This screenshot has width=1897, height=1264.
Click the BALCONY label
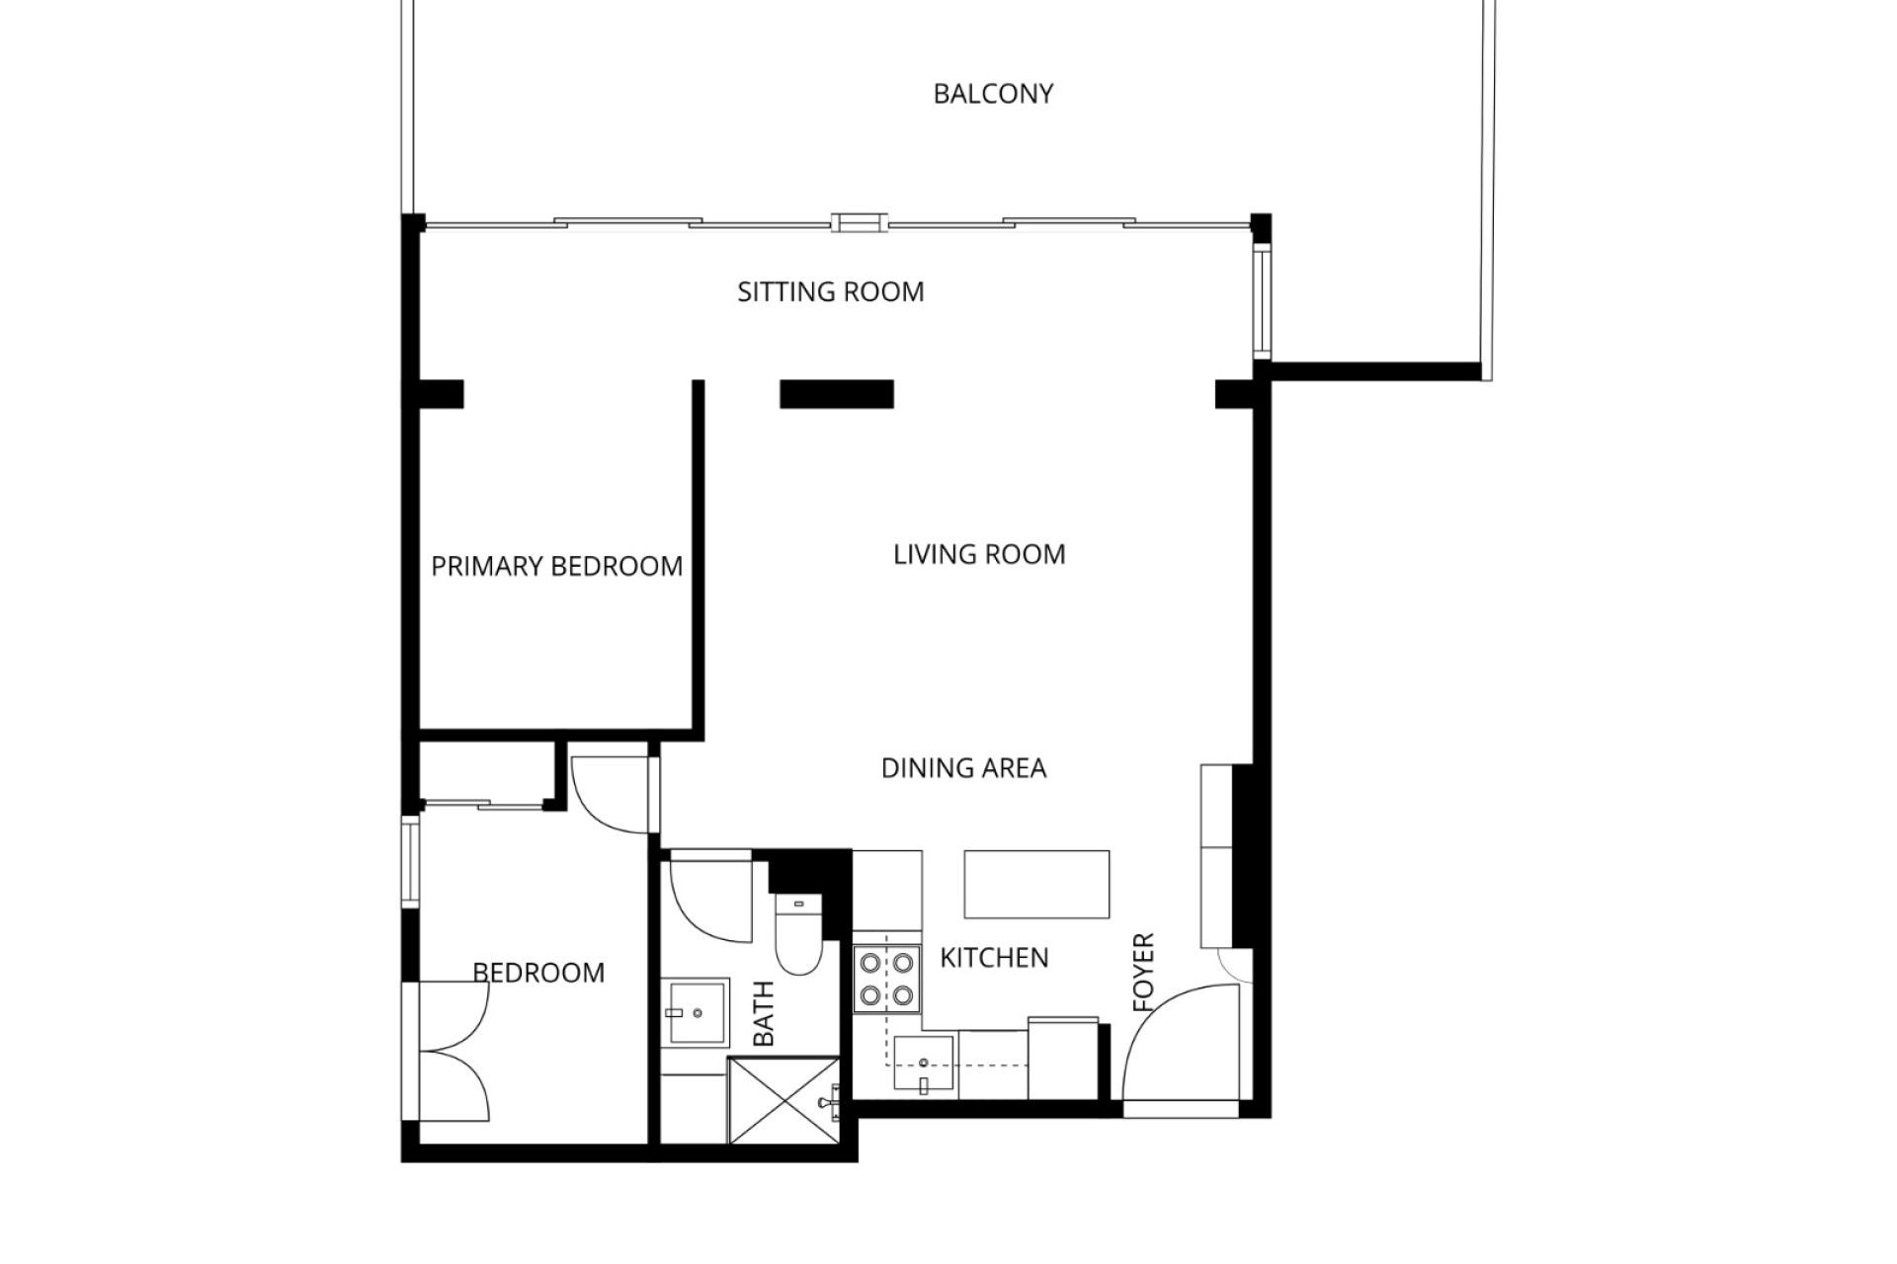point(993,94)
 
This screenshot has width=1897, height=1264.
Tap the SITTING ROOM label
point(831,292)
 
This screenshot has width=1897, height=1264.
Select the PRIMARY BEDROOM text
point(557,567)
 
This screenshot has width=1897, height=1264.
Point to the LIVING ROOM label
point(979,555)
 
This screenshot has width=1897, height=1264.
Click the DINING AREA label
point(963,768)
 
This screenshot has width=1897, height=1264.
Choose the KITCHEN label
point(994,958)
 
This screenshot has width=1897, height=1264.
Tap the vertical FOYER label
point(1143,973)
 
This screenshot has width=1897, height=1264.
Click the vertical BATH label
point(764,1014)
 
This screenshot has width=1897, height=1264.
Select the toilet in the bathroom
point(798,933)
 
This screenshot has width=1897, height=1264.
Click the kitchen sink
point(924,1064)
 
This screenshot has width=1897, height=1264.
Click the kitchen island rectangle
point(1037,885)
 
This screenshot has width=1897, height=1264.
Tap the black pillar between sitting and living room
point(837,394)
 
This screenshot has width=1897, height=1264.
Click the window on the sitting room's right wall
point(1262,301)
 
